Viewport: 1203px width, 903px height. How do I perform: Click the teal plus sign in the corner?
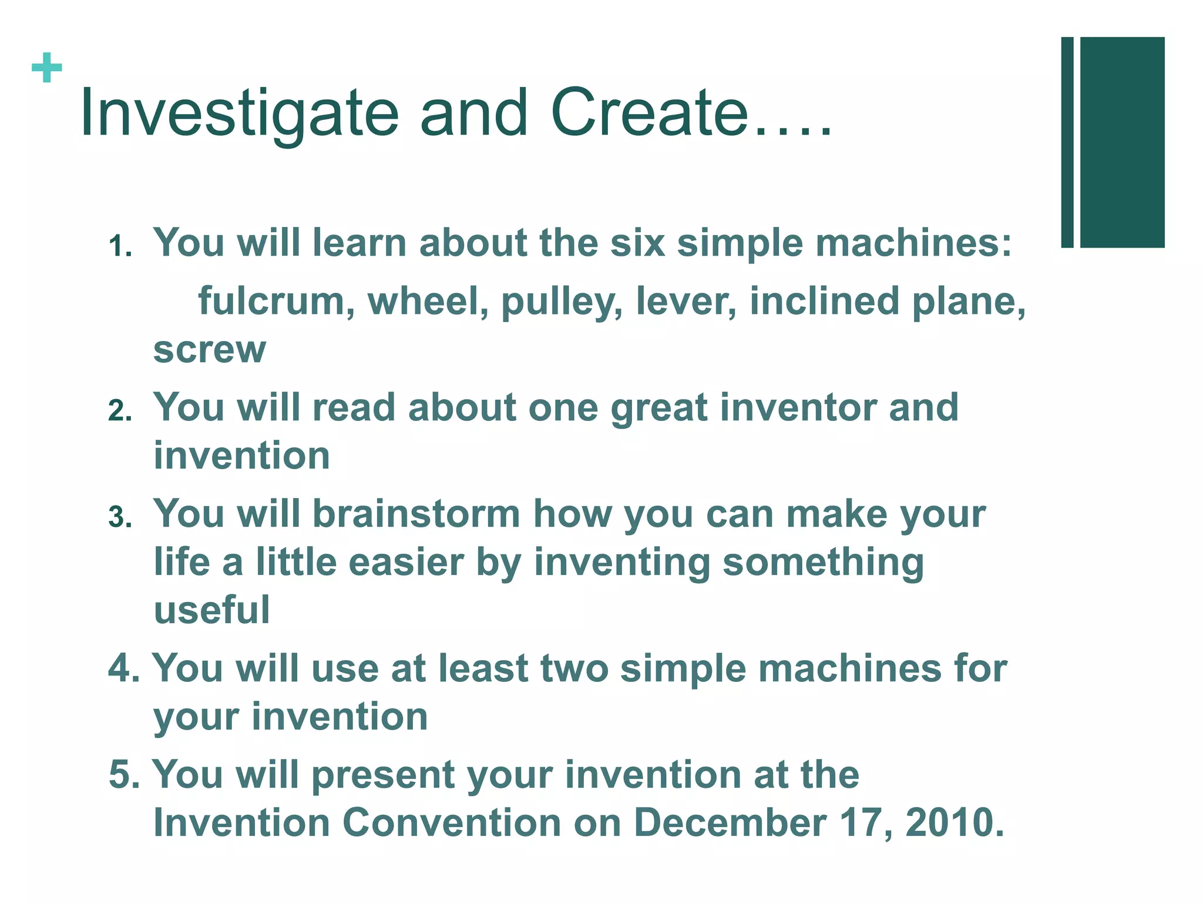click(47, 68)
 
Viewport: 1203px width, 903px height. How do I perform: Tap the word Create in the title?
click(650, 113)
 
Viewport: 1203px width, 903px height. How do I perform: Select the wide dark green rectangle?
click(1122, 142)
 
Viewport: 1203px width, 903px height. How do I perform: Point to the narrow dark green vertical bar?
click(1067, 142)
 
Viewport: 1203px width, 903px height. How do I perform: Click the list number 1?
click(119, 246)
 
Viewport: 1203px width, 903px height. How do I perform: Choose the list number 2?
click(119, 410)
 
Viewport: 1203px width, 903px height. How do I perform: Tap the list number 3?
click(119, 517)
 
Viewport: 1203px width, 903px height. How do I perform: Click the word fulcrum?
click(276, 301)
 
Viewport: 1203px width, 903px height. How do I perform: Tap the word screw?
click(210, 350)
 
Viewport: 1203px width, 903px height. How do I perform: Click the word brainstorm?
click(416, 514)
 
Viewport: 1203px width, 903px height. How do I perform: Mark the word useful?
click(212, 610)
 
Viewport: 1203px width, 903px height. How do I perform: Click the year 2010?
click(954, 822)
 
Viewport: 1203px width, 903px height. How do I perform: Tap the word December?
click(730, 822)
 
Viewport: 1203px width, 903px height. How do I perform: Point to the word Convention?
click(451, 822)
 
